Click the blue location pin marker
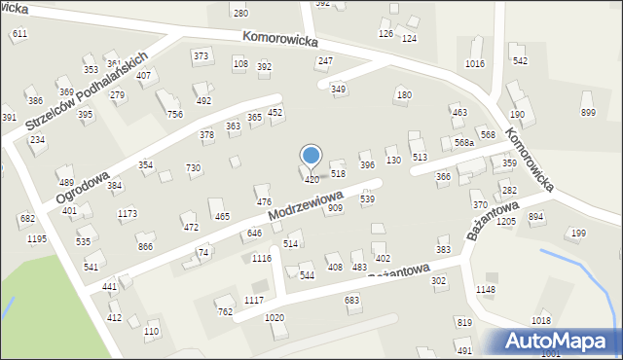click(311, 157)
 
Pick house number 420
click(311, 179)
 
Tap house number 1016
click(475, 64)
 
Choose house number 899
click(588, 113)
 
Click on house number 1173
click(127, 213)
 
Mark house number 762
click(225, 312)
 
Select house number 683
click(352, 301)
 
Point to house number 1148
click(486, 290)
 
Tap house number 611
click(19, 33)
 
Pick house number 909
click(335, 208)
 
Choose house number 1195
click(37, 238)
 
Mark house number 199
click(578, 233)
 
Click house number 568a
click(464, 142)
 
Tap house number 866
click(145, 247)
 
